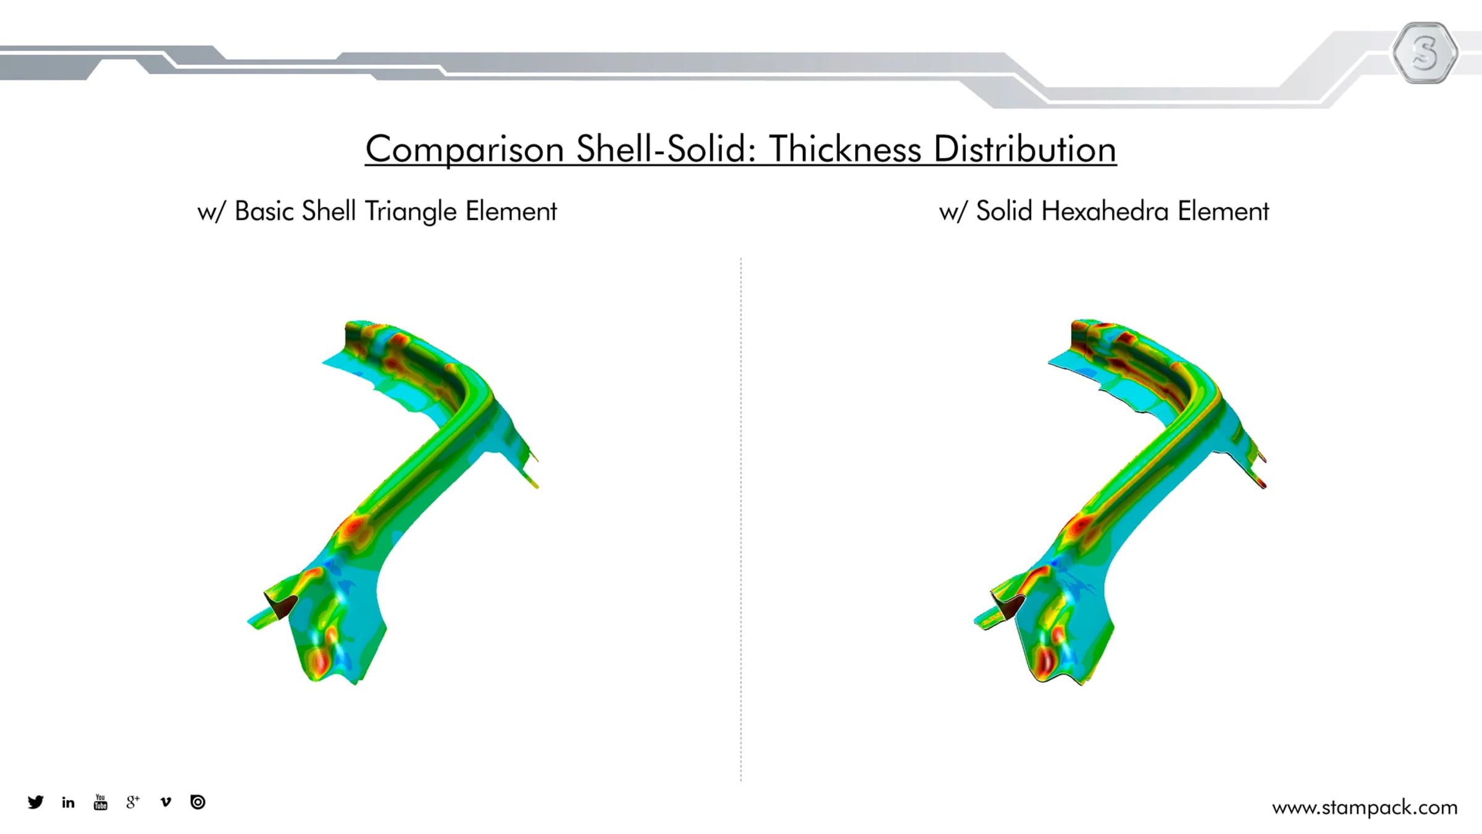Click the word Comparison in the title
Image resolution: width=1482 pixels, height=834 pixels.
pyautogui.click(x=464, y=150)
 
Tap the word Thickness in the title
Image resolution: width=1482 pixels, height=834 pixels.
pyautogui.click(x=845, y=149)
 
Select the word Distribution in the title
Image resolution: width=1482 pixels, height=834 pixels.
pyautogui.click(x=1025, y=149)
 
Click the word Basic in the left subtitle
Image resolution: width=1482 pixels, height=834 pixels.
pyautogui.click(x=264, y=211)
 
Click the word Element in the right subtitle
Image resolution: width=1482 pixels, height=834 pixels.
pyautogui.click(x=1223, y=211)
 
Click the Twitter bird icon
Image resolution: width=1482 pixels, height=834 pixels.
pyautogui.click(x=36, y=802)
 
